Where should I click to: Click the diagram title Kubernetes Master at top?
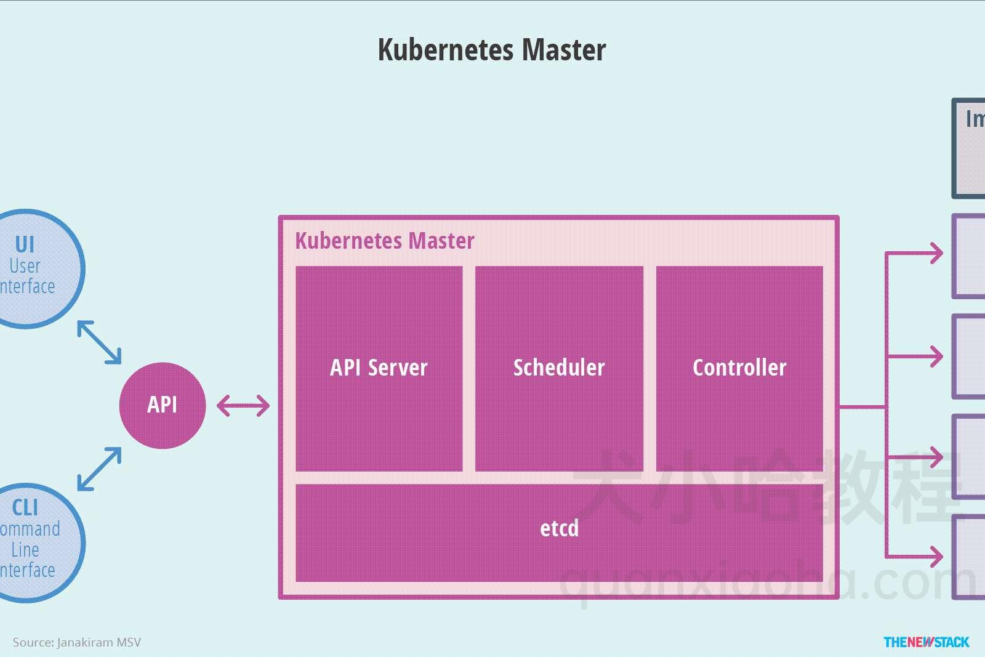coord(491,50)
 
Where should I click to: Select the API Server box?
coord(379,368)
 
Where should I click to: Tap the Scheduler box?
coord(559,368)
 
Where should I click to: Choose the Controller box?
coord(739,368)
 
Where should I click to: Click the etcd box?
coord(559,532)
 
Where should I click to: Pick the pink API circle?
coord(162,405)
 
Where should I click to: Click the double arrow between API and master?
coord(243,406)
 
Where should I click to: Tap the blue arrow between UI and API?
coord(99,342)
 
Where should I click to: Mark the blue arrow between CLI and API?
coord(99,469)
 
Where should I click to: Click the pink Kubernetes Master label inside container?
coord(384,241)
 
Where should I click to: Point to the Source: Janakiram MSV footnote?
coord(76,642)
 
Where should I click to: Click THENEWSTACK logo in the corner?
coord(926,642)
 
